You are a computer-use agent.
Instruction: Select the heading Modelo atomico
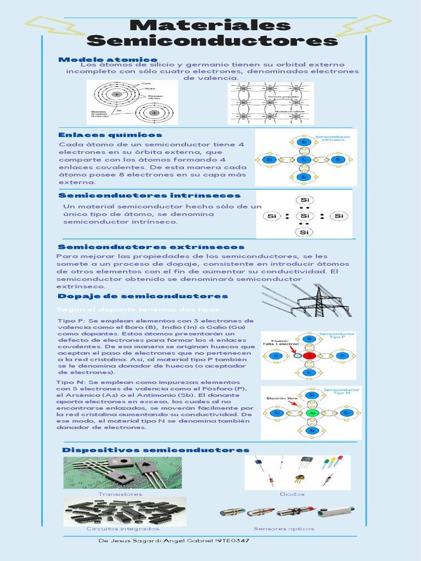pos(107,59)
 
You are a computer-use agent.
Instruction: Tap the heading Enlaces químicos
pos(110,134)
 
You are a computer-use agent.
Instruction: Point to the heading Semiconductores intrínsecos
pos(149,195)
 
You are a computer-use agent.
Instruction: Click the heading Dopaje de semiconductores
pos(143,296)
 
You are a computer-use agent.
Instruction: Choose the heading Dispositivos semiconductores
pos(156,450)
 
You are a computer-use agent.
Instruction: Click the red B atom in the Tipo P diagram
pos(310,356)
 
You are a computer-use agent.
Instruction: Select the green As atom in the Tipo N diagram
pos(312,412)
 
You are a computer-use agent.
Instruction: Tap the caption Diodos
pos(292,494)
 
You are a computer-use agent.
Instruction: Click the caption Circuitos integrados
pos(123,529)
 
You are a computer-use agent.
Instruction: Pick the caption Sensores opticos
pos(284,529)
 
